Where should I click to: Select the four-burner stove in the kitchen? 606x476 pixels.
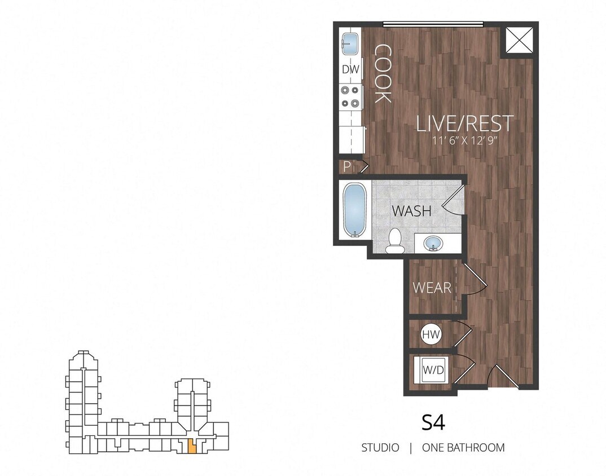tap(350, 96)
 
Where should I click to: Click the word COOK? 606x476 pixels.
tap(383, 73)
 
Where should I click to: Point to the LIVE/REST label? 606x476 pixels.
tap(465, 123)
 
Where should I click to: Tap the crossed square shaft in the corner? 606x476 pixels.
tap(517, 40)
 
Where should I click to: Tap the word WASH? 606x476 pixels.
tap(412, 212)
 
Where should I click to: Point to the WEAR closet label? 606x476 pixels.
tap(432, 288)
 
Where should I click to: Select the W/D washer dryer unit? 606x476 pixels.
tap(433, 371)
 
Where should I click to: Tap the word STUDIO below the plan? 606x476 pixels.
tap(380, 448)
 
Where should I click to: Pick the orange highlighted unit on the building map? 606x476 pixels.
tap(192, 446)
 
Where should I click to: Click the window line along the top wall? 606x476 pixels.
tap(433, 24)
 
